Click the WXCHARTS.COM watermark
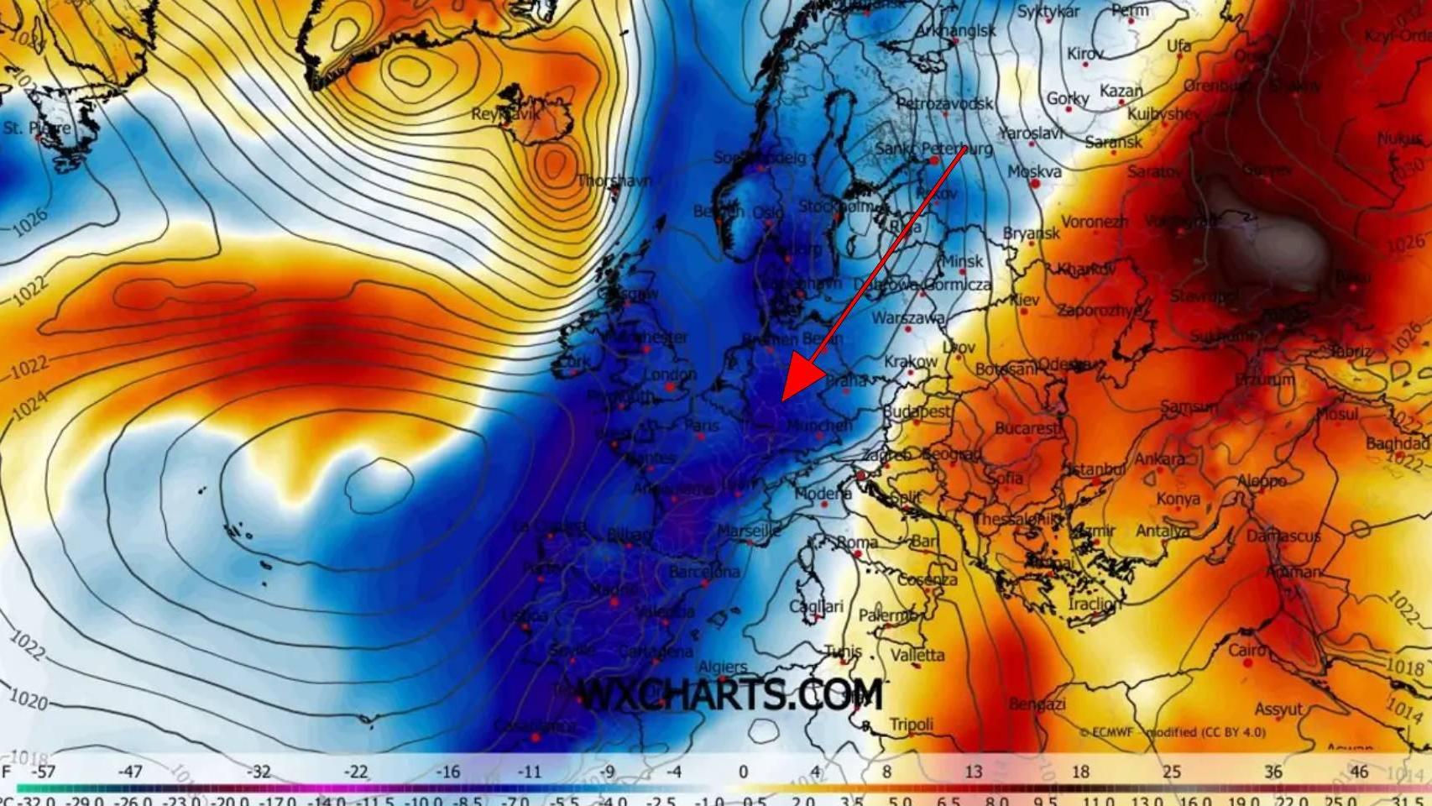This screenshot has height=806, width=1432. point(730,695)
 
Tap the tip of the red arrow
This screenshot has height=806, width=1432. point(782,400)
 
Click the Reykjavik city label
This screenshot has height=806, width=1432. point(506,113)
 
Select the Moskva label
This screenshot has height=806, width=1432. point(1034,171)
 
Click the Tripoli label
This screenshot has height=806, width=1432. point(911,724)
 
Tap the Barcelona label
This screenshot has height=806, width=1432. point(704,572)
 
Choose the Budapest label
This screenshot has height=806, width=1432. point(917,411)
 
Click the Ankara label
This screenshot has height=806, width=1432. point(1159,458)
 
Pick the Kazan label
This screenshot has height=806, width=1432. point(1121,91)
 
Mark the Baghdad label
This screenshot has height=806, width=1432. point(1397,443)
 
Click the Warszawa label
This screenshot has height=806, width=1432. point(907,318)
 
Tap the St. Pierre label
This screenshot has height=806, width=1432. point(37,128)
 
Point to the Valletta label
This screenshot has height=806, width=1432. point(917,655)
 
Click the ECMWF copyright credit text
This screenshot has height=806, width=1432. point(1172,732)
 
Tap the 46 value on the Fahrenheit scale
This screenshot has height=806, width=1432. point(1359,772)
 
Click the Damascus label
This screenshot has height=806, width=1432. point(1283,536)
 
